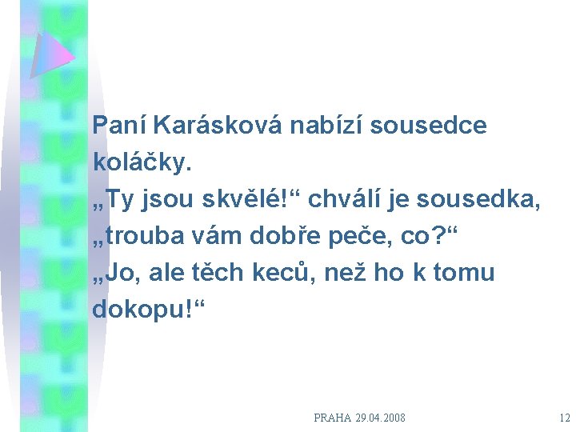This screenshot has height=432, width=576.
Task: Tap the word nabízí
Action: pyautogui.click(x=328, y=126)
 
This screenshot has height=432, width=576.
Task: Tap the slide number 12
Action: pyautogui.click(x=565, y=418)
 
